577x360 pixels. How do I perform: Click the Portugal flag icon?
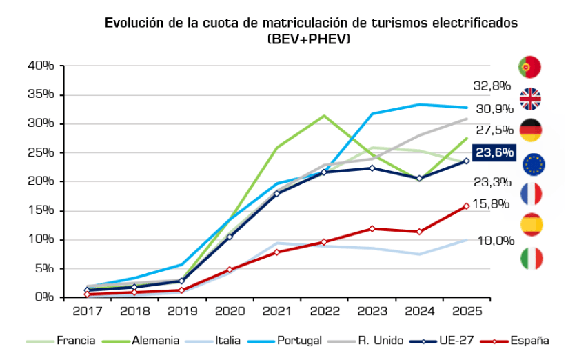(529, 67)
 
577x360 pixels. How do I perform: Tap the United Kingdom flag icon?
(529, 99)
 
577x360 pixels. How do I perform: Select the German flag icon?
(529, 130)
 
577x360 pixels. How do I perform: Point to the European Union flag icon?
(534, 163)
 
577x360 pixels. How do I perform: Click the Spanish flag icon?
(529, 225)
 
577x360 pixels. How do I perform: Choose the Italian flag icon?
(529, 258)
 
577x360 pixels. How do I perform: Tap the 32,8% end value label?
(492, 86)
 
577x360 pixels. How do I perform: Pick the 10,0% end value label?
(496, 240)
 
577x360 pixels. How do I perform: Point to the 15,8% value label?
(492, 203)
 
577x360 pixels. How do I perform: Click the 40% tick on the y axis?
(41, 66)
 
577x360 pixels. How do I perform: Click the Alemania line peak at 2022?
(324, 116)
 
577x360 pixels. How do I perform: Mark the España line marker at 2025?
(467, 206)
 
